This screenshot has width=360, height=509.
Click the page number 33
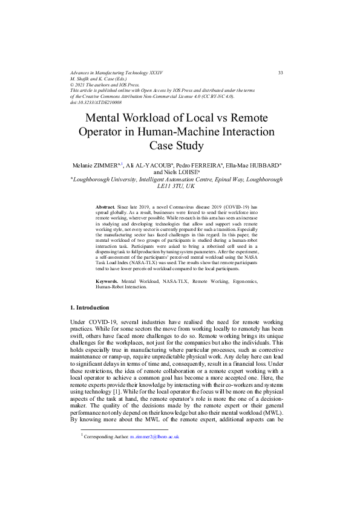click(x=280, y=73)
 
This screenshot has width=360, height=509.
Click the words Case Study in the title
click(x=177, y=146)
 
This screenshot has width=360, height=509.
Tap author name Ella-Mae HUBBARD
click(x=253, y=164)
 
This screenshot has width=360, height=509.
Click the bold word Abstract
click(x=106, y=207)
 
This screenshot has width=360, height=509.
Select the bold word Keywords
click(x=108, y=282)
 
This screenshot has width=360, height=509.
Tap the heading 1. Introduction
click(x=90, y=308)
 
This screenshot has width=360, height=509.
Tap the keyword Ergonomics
click(x=243, y=282)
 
